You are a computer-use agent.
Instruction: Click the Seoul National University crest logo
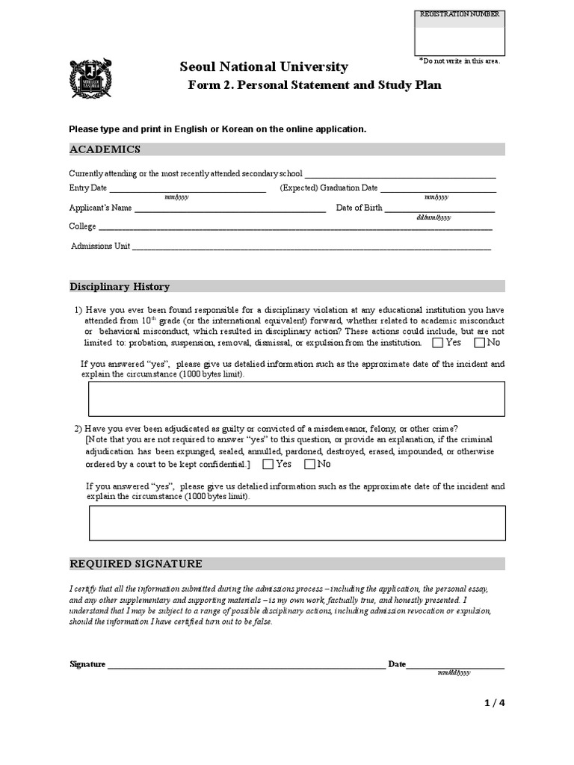click(90, 78)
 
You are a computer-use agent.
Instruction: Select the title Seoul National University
click(264, 67)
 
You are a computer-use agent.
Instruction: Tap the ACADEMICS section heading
click(105, 149)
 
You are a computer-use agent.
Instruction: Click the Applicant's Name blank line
click(229, 210)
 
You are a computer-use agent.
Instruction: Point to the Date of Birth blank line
click(439, 210)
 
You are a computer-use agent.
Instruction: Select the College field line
click(295, 229)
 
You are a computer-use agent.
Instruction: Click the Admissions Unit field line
click(312, 248)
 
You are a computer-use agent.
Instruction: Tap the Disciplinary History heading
click(120, 287)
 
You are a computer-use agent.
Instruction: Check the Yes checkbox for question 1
click(437, 343)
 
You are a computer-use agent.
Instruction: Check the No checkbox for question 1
click(479, 343)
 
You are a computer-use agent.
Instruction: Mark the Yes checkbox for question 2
click(268, 465)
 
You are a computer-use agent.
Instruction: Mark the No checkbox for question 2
click(309, 465)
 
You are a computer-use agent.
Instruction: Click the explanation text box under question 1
click(297, 398)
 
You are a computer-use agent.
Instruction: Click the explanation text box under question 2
click(297, 522)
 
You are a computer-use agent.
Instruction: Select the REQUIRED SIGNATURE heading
click(135, 564)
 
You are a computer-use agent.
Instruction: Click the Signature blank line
click(246, 666)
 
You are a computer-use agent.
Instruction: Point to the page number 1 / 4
click(495, 702)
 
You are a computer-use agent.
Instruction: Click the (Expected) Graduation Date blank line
click(438, 190)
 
